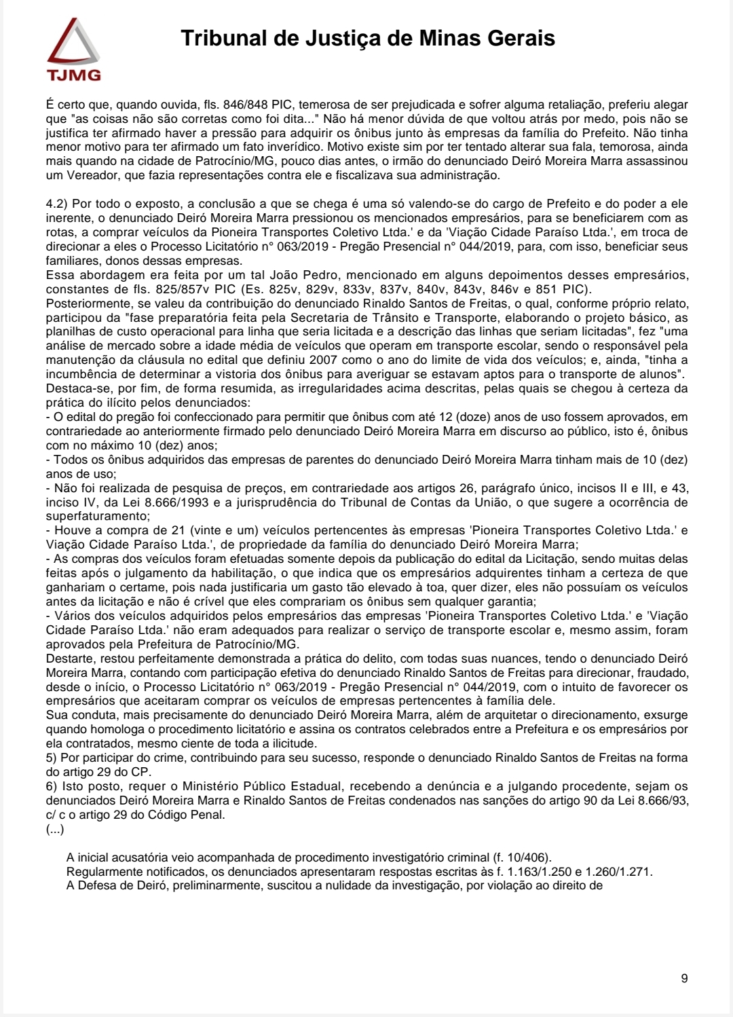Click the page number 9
point(684,978)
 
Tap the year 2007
point(323,360)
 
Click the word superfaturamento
point(88,517)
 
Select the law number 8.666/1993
point(358,502)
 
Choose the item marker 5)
point(52,758)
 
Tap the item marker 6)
point(52,786)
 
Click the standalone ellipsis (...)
point(55,829)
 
